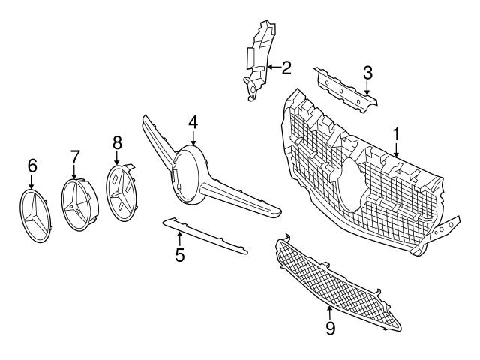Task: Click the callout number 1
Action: tap(395, 134)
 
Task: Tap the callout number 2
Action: tap(286, 69)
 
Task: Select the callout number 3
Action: tap(367, 73)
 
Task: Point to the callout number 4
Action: tap(193, 121)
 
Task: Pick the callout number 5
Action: tap(180, 254)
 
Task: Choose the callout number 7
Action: tap(75, 157)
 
